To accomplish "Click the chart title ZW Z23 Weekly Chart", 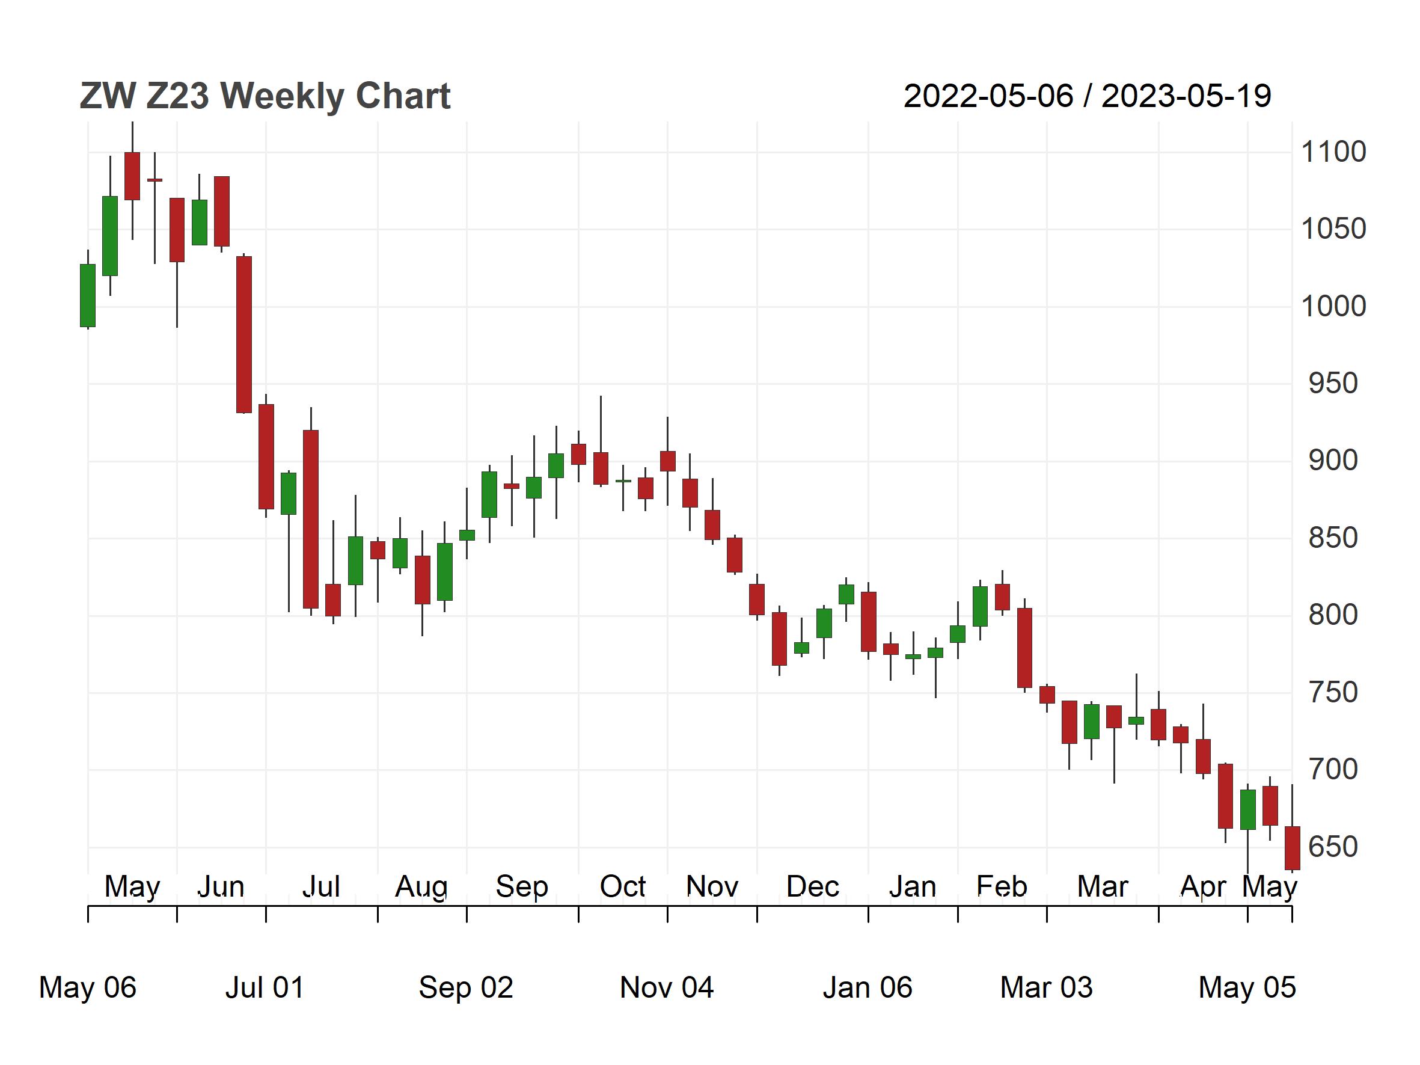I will (265, 96).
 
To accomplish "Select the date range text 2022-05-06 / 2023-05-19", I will (1087, 96).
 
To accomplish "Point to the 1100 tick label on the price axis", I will (1333, 152).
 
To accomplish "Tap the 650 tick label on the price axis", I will (1333, 847).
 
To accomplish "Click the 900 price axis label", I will (1333, 460).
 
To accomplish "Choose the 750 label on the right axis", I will (1333, 692).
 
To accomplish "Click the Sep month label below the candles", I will (522, 886).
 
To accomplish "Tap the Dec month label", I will (813, 886).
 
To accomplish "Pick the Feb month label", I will (1002, 886).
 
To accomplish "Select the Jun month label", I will (220, 886).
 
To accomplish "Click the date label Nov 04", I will (666, 987).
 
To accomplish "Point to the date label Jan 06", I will (868, 987).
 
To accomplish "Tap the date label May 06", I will (87, 987).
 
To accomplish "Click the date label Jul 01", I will (265, 987).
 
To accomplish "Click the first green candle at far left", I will (88, 295).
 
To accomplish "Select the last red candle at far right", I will (1291, 848).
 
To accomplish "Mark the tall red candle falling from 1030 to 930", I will (244, 334).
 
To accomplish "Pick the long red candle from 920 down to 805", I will (311, 519).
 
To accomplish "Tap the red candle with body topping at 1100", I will (132, 176).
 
